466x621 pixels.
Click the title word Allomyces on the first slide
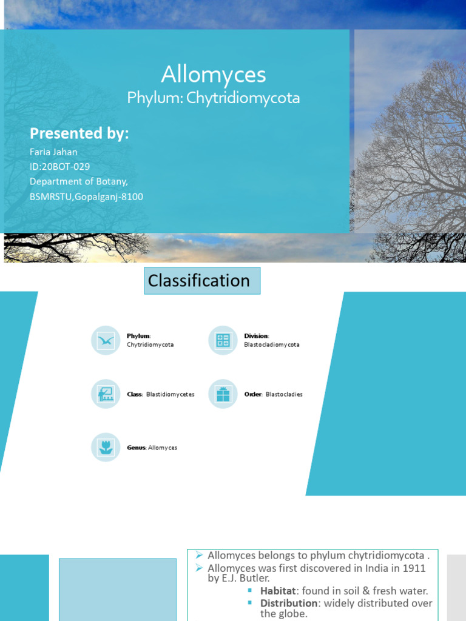point(214,75)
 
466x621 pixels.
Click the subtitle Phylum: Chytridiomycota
point(214,98)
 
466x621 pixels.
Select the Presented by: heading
point(79,133)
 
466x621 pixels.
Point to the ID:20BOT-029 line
point(60,167)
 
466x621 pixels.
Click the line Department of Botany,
point(79,181)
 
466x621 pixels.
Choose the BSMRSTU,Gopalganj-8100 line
point(87,196)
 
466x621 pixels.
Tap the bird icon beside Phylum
point(106,340)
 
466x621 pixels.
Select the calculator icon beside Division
point(223,340)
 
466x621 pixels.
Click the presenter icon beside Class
point(106,394)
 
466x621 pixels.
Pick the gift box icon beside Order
point(223,394)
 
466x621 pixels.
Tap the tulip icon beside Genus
point(106,448)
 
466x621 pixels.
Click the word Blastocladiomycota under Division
point(272,344)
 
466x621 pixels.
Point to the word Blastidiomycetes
point(171,394)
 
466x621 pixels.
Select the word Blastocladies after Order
point(284,394)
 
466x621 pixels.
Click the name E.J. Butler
point(246,579)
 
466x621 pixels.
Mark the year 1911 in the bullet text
point(413,568)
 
